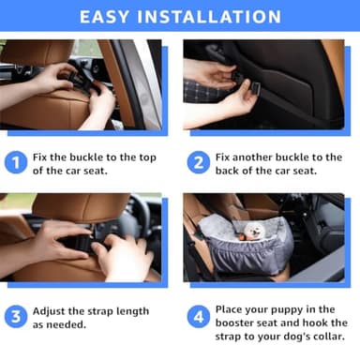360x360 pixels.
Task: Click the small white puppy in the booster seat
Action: pyautogui.click(x=256, y=233)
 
